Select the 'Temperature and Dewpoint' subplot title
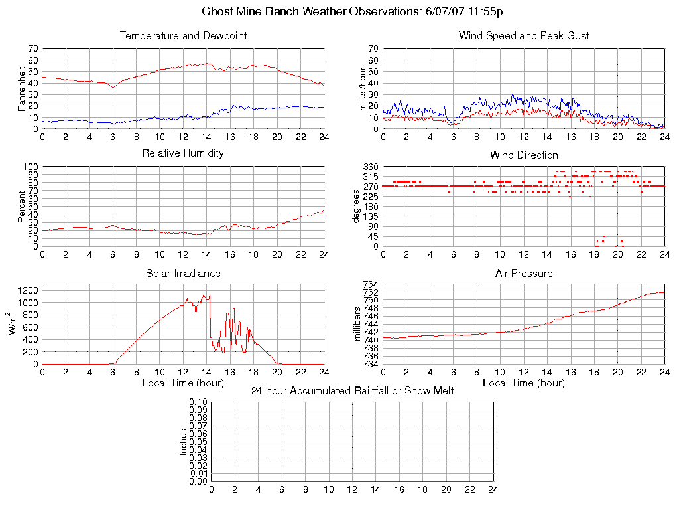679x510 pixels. [x=183, y=36]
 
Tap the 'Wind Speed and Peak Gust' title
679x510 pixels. [x=524, y=36]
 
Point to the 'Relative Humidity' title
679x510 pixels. [x=183, y=153]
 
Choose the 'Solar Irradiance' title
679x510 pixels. [x=183, y=273]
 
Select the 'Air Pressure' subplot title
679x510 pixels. [x=524, y=273]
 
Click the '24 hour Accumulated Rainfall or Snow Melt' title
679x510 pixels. [x=352, y=391]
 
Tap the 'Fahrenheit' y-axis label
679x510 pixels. [x=21, y=88]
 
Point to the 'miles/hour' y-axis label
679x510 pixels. [x=362, y=88]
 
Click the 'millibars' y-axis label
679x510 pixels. [x=358, y=325]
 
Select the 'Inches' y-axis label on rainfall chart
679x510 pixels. [x=184, y=442]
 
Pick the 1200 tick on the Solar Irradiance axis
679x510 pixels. [x=27, y=290]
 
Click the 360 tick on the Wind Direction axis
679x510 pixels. [x=370, y=167]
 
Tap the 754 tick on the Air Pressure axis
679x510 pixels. [x=370, y=285]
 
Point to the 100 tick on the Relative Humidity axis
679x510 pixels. [x=30, y=167]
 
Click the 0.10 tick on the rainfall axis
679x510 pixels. [x=198, y=402]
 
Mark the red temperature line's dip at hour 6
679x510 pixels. [x=113, y=87]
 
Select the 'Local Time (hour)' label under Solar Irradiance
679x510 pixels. [x=183, y=383]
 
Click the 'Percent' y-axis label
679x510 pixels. [x=21, y=207]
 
